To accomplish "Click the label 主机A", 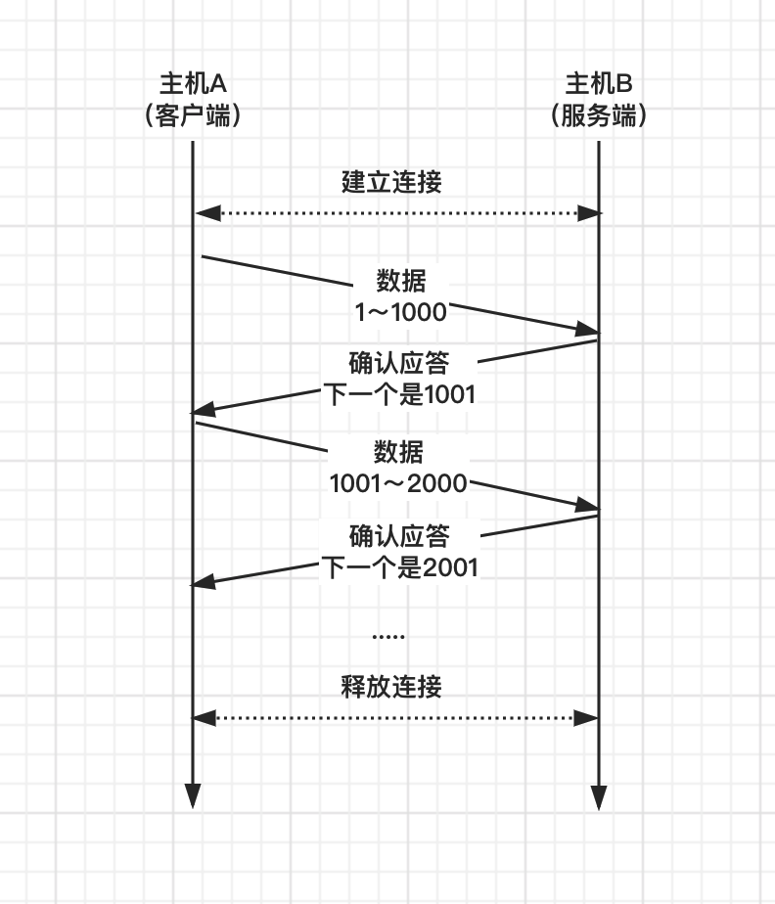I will (x=193, y=83).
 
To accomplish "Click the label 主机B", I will (x=598, y=83).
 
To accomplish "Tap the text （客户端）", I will (x=193, y=115).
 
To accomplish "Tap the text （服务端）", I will (x=598, y=115).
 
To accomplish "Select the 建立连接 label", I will (x=391, y=181).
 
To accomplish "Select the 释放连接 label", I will (x=391, y=686).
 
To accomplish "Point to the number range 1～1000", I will (x=400, y=312).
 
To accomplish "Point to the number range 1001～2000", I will (x=398, y=482).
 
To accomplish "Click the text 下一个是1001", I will (x=399, y=395).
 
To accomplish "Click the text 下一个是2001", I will (x=399, y=566).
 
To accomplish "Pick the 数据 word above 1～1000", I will (x=401, y=281).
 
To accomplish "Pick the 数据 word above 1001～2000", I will (x=399, y=452).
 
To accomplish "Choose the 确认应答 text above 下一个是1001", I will (x=399, y=363).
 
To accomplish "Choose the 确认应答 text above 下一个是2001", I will (x=399, y=535).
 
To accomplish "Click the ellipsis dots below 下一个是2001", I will (x=388, y=637).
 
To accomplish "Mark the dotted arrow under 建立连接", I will (x=395, y=213).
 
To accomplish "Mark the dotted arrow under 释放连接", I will (x=395, y=718).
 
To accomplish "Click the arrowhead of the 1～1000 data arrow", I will (x=587, y=331).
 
